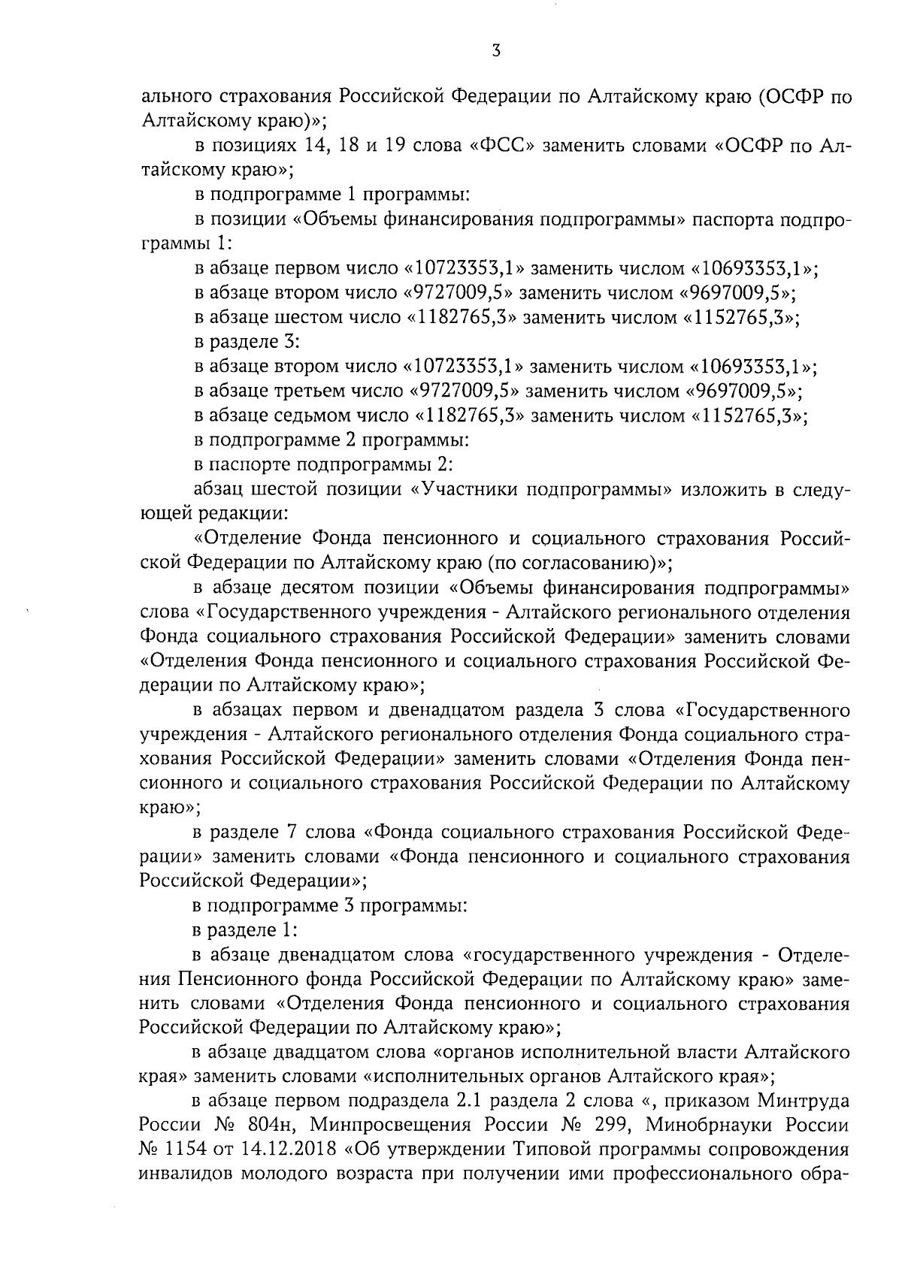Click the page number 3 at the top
click(x=495, y=51)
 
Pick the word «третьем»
click(x=309, y=391)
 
